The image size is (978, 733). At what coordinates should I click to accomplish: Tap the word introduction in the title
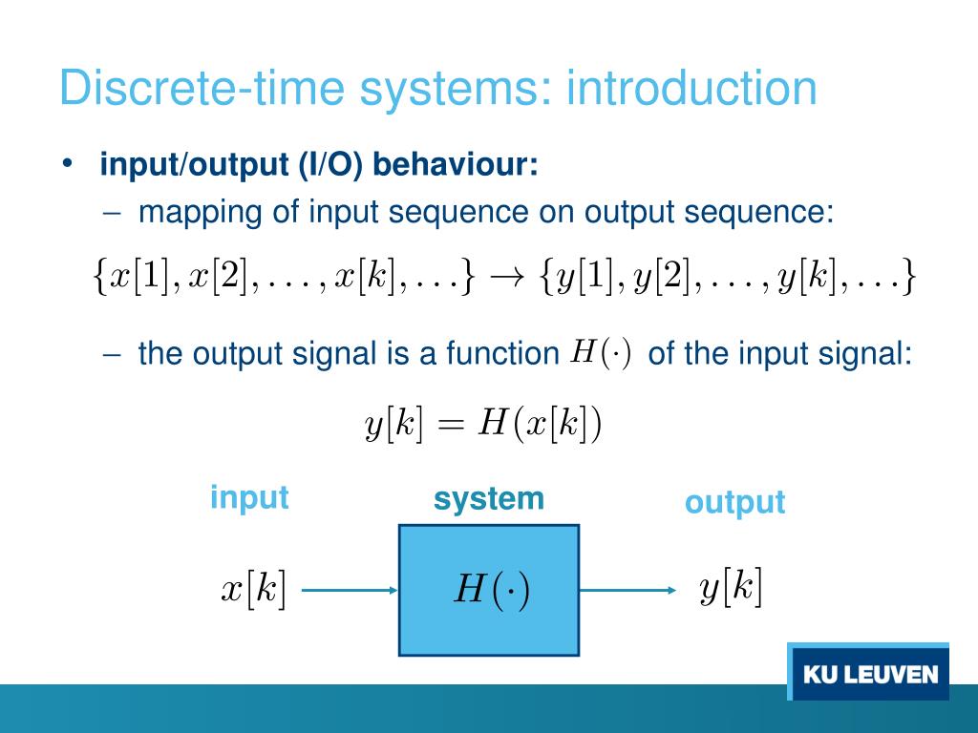pos(691,88)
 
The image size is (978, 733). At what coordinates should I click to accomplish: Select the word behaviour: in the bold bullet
pos(456,165)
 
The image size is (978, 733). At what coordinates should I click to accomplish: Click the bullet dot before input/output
pos(67,164)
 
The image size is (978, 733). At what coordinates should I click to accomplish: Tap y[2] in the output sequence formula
pos(673,278)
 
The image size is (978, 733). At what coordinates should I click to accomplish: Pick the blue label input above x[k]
pos(249,497)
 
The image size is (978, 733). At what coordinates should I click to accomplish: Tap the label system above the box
pos(488,498)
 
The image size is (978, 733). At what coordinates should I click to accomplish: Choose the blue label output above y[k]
pos(734,502)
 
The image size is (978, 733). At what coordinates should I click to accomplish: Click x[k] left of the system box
pos(254,589)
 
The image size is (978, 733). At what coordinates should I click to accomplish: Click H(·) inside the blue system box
pos(490,590)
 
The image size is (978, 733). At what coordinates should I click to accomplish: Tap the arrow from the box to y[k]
pos(627,590)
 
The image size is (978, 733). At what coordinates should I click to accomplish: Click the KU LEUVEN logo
pos(869,674)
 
